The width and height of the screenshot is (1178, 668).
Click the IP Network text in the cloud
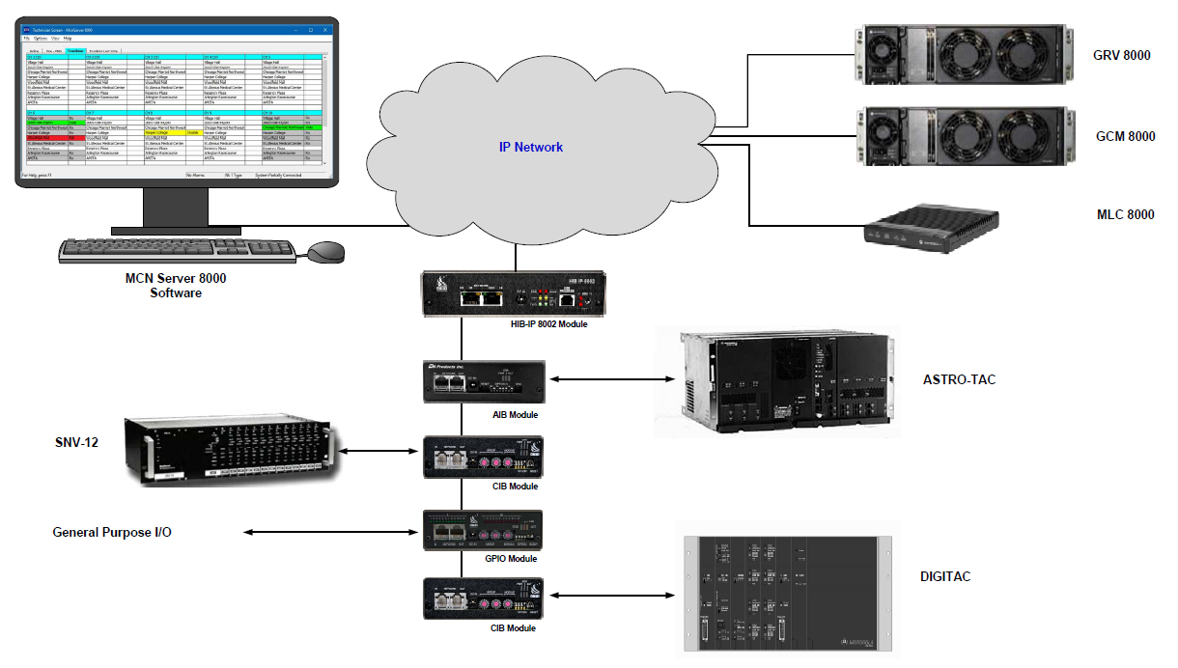click(530, 147)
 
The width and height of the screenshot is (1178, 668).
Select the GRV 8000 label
click(1121, 55)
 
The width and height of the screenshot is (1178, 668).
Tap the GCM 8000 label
click(1122, 136)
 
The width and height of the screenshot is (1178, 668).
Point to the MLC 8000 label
click(1122, 214)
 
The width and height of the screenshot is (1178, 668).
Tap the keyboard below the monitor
click(178, 250)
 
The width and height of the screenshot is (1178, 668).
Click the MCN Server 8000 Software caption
click(176, 285)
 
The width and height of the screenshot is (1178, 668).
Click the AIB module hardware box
click(484, 382)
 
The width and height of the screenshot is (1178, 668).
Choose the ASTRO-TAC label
click(959, 379)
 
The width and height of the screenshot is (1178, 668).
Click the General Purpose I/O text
click(112, 532)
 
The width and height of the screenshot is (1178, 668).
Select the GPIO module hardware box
click(483, 530)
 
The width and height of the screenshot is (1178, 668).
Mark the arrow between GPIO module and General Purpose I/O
click(333, 532)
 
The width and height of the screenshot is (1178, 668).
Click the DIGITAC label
click(945, 576)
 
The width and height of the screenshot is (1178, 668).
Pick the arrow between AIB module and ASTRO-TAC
click(609, 380)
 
